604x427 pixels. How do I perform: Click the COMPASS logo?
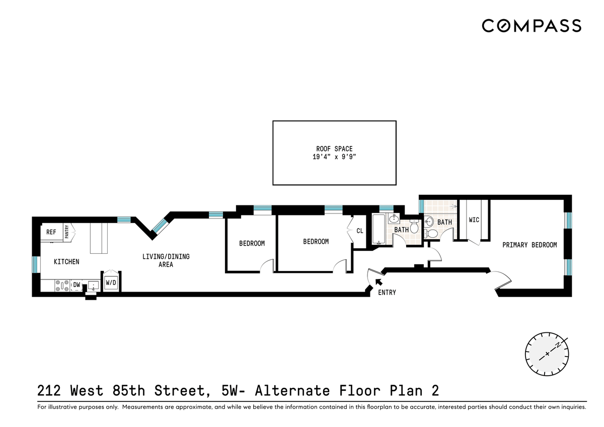click(x=532, y=26)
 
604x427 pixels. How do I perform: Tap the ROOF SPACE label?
click(x=334, y=149)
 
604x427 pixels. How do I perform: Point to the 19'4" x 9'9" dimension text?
click(x=334, y=157)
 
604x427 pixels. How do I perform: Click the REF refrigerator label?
click(x=51, y=232)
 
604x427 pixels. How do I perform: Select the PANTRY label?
click(x=67, y=232)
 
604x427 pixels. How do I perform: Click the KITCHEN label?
click(x=66, y=262)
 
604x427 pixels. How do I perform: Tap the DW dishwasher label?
click(x=77, y=284)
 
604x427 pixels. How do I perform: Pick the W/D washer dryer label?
click(x=111, y=282)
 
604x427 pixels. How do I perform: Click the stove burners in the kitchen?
click(x=62, y=286)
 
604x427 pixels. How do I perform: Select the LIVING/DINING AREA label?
click(x=166, y=260)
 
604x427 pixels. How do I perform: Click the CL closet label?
click(x=360, y=231)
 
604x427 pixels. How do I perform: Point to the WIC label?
click(x=474, y=220)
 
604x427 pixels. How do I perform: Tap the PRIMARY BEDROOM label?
click(x=530, y=245)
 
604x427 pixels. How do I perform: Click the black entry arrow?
click(x=379, y=282)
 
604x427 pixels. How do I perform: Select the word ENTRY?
click(x=387, y=293)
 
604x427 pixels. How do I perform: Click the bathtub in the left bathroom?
click(x=379, y=229)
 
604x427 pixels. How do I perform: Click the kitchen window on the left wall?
click(x=35, y=264)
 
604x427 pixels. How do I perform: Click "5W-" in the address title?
click(x=233, y=390)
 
